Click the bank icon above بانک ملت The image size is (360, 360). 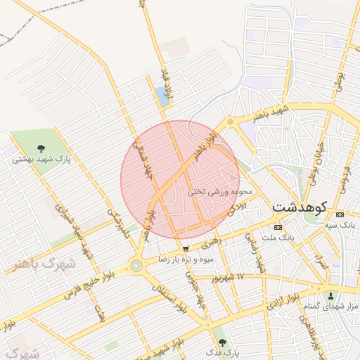277,227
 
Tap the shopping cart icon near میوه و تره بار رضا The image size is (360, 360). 185,248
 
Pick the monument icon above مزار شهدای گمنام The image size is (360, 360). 331,295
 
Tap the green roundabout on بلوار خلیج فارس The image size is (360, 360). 134,266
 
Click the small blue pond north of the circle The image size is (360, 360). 164,97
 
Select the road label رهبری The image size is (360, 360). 211,243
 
